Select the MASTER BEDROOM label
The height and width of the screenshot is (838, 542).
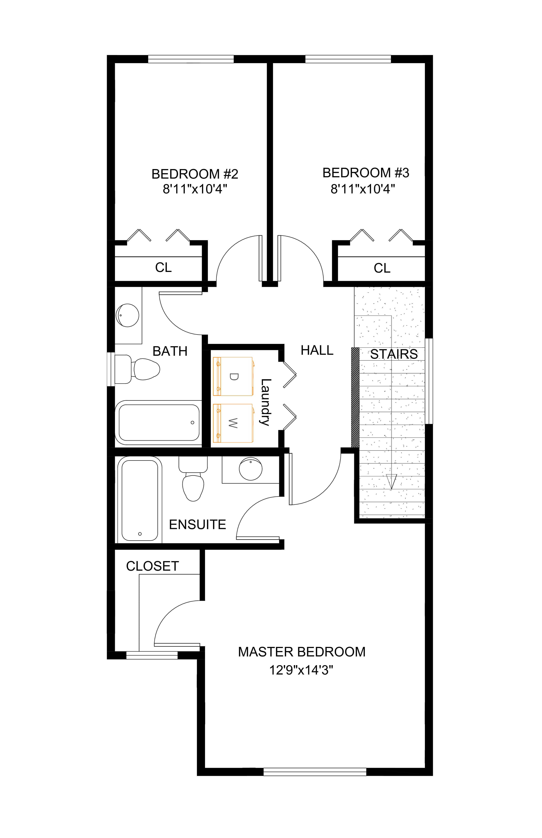tap(302, 652)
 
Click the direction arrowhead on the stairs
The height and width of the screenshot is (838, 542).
tap(391, 481)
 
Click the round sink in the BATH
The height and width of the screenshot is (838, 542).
tap(127, 315)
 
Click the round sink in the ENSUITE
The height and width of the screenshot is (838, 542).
tap(251, 469)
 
